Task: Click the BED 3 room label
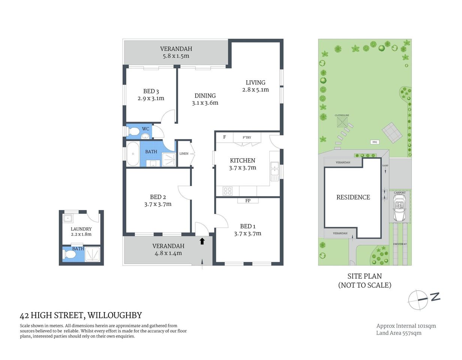click(151, 95)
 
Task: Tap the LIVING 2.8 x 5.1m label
click(256, 86)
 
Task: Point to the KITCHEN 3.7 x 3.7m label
click(242, 164)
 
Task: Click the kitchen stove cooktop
click(227, 191)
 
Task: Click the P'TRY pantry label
click(247, 138)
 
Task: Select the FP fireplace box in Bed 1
click(248, 201)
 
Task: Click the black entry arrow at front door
click(202, 241)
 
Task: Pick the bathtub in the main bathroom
click(133, 154)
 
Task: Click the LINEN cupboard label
click(184, 154)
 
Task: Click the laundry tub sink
click(68, 218)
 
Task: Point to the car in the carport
click(399, 210)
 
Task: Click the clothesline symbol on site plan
click(342, 121)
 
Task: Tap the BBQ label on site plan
click(375, 142)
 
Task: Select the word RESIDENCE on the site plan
click(353, 197)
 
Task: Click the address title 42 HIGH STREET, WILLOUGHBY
click(81, 315)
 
